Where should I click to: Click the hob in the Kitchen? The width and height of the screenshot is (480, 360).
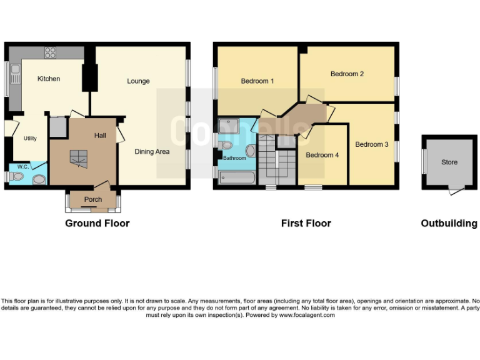(50, 52)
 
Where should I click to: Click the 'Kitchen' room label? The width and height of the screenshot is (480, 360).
(49, 79)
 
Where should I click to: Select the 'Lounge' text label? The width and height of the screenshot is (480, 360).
(138, 81)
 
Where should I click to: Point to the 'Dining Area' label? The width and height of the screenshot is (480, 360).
(152, 151)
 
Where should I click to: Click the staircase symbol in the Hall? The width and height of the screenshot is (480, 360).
(78, 159)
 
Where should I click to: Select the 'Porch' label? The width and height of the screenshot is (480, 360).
(92, 200)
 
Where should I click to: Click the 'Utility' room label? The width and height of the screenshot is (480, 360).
(30, 139)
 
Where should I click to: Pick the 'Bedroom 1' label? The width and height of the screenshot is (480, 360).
(257, 81)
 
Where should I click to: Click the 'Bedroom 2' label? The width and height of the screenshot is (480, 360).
(347, 74)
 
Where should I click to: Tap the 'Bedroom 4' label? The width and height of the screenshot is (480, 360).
(322, 155)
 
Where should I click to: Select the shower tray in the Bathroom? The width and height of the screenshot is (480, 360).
(229, 125)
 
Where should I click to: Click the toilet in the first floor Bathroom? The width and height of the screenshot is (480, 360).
(226, 145)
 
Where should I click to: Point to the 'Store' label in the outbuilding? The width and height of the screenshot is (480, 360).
(449, 162)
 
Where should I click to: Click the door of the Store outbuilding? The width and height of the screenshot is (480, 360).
(457, 191)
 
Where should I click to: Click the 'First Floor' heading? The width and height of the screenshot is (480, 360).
(306, 223)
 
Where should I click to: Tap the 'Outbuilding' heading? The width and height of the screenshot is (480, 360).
(449, 223)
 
